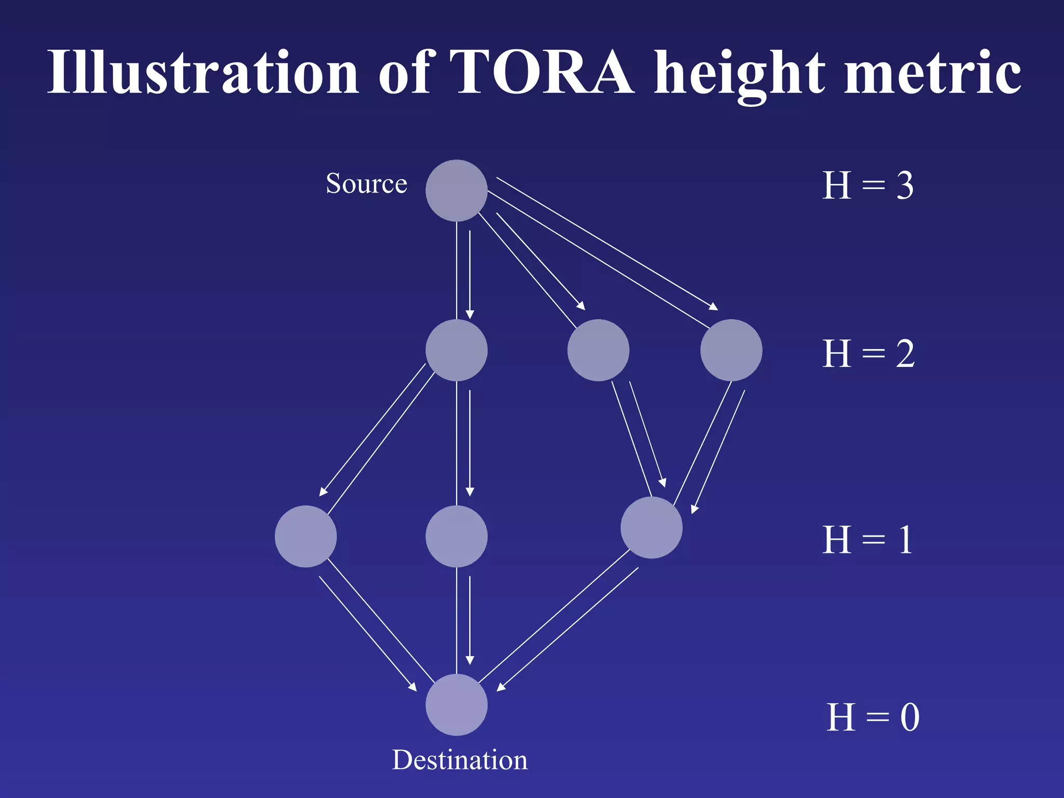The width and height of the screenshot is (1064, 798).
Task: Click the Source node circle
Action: tap(456, 191)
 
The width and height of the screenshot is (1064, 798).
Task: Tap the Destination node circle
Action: tap(456, 704)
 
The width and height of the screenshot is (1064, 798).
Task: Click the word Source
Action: tap(366, 183)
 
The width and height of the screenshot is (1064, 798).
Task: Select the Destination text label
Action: tap(459, 760)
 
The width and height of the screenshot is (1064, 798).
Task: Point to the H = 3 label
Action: tap(868, 185)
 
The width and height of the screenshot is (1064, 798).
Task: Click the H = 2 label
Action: tap(868, 354)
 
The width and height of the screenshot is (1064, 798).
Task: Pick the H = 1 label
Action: tap(867, 540)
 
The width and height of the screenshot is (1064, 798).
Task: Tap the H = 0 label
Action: tap(873, 717)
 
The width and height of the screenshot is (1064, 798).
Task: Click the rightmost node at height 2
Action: tap(731, 350)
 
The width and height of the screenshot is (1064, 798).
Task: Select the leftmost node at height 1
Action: tap(305, 536)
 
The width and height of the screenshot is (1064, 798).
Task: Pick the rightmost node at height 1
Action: tap(651, 527)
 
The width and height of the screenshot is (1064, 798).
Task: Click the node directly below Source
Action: tap(456, 350)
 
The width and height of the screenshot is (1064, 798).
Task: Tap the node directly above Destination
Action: tap(456, 536)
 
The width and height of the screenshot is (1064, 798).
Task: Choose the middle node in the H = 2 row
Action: tap(598, 350)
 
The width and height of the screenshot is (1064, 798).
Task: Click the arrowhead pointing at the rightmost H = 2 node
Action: tap(714, 308)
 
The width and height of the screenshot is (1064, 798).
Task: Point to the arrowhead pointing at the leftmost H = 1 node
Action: tap(323, 492)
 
